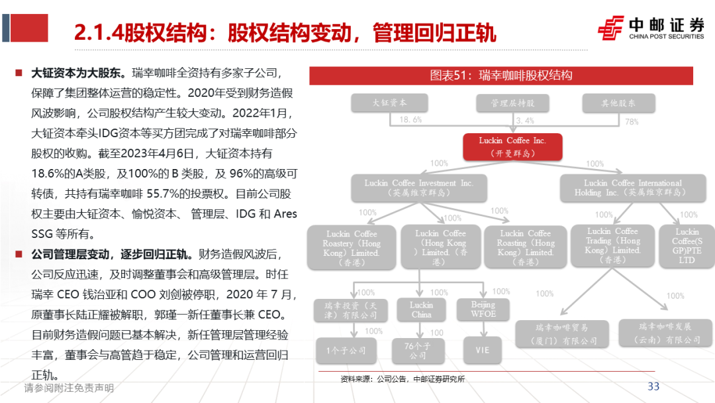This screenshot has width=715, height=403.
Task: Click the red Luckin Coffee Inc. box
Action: click(513, 146)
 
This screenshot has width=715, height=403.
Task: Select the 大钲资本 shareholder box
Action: click(390, 103)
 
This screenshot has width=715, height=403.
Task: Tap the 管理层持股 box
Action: click(513, 103)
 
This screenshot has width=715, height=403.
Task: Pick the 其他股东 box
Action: click(618, 103)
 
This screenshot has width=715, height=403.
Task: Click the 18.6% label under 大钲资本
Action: click(410, 120)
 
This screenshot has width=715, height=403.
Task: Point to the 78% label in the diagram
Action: click(632, 121)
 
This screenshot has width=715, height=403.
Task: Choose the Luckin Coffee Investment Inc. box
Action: click(418, 188)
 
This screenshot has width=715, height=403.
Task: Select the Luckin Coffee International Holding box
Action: click(623, 188)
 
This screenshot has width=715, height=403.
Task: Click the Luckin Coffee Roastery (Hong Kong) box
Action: click(352, 248)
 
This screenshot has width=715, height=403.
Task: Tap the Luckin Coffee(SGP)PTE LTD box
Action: click(687, 246)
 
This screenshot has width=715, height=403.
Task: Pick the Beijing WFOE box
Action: click(483, 310)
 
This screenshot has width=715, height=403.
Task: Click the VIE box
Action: click(483, 349)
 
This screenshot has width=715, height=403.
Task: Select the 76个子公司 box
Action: click(418, 350)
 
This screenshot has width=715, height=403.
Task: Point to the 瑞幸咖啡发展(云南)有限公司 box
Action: click(670, 333)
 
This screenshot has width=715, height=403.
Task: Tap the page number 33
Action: click(653, 386)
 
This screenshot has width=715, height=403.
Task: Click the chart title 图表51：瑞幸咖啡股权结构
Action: click(501, 75)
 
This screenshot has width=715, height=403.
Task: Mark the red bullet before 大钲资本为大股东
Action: click(19, 73)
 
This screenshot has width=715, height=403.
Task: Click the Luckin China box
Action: click(421, 310)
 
